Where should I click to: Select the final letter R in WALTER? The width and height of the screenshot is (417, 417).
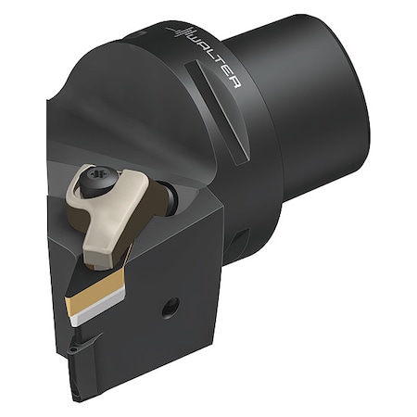pos(234,84)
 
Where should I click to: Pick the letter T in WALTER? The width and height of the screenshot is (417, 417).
pos(219,68)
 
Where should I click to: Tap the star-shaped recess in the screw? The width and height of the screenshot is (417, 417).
pos(97,178)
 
